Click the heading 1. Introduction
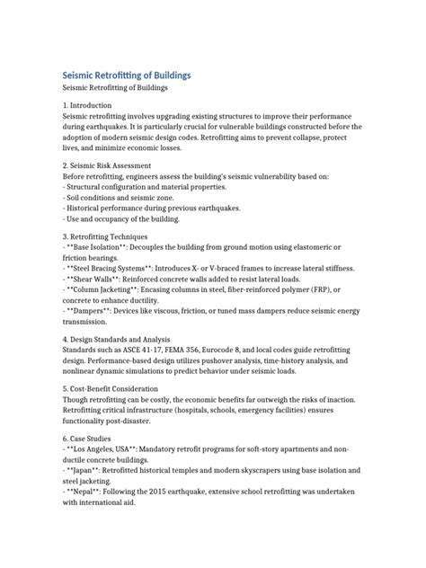coord(92,106)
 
